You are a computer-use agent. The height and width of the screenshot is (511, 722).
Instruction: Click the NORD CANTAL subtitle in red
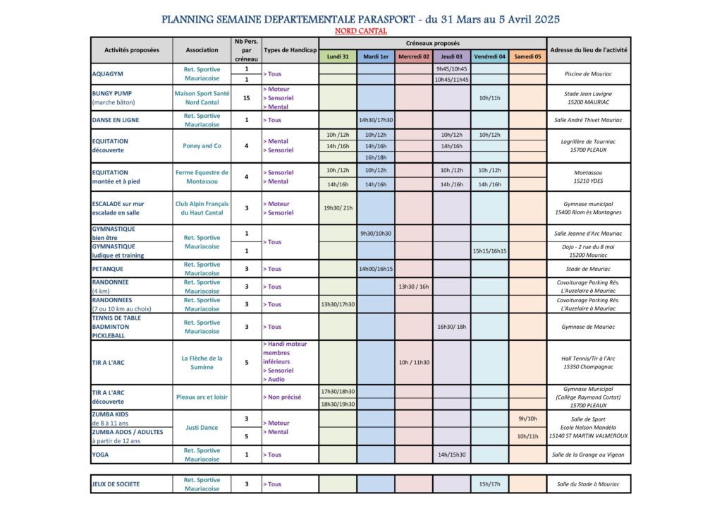(x=361, y=31)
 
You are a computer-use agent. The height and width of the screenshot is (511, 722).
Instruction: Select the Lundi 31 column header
(x=338, y=56)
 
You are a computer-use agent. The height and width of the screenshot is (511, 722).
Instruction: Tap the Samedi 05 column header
(x=527, y=56)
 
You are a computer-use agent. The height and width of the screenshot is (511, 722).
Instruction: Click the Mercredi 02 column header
(x=414, y=56)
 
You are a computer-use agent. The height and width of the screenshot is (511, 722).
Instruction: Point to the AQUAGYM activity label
(x=107, y=74)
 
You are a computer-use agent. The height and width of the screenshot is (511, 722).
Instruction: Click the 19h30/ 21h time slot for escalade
(x=338, y=208)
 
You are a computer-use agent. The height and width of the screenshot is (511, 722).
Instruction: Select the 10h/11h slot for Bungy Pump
(x=490, y=98)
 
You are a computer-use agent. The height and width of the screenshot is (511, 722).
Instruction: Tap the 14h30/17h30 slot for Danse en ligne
(x=376, y=120)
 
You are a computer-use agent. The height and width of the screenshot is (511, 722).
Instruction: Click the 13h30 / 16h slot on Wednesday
(x=414, y=287)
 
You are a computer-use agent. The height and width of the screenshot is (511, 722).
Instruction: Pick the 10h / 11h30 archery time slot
(x=414, y=362)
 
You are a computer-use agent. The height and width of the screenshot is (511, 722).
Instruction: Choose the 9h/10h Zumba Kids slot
(x=527, y=419)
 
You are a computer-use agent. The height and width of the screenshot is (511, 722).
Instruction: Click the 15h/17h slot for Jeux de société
(x=490, y=484)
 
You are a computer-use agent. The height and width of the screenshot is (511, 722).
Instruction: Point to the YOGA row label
(x=101, y=455)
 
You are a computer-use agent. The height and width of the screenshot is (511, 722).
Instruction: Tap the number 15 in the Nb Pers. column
(x=247, y=98)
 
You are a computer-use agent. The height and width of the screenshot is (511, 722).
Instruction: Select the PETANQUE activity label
(x=108, y=269)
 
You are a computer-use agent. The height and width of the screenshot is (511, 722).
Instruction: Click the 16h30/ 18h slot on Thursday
(x=452, y=327)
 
